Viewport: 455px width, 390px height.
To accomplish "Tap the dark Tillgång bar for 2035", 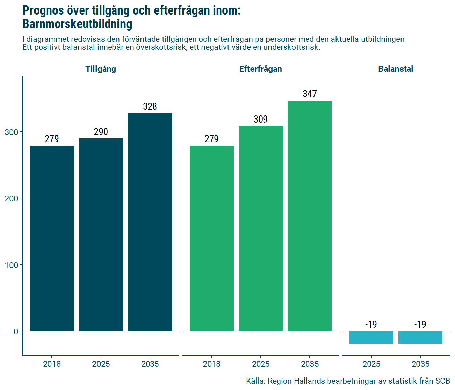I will tap(150, 222).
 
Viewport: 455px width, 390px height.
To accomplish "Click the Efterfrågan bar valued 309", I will tap(261, 228).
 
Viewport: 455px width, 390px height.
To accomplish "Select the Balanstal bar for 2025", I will tap(371, 338).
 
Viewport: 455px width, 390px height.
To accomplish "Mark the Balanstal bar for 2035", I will tap(420, 338).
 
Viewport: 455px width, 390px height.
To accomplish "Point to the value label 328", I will tap(150, 106).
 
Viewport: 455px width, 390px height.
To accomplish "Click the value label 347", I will tap(310, 94).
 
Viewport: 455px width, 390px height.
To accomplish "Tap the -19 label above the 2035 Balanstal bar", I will tap(420, 324).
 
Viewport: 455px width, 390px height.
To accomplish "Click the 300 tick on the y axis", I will tap(12, 132).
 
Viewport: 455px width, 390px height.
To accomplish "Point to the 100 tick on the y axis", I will tap(12, 265).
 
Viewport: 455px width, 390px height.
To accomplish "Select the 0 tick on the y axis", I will tap(16, 331).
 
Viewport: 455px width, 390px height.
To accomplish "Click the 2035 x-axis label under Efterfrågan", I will tap(310, 364).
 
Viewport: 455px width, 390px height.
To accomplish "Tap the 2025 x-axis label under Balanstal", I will tap(371, 364).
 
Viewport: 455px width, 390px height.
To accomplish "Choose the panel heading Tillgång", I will tap(101, 69).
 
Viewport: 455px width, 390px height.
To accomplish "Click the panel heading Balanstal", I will tap(395, 69).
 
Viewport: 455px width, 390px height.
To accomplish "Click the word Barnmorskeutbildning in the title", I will tap(77, 24).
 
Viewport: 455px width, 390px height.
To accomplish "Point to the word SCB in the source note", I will tap(442, 381).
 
